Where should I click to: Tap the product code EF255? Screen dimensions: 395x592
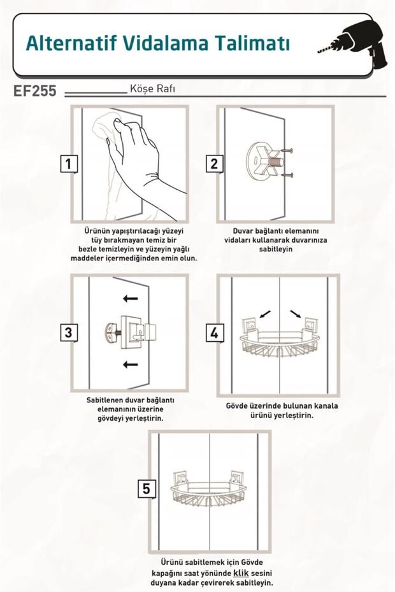35,91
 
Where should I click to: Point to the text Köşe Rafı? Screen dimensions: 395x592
152,88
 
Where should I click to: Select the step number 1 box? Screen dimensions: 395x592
69,164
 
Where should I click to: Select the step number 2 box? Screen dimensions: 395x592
214,164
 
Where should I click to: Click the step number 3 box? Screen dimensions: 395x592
69,333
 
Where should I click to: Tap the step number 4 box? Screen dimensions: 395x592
214,334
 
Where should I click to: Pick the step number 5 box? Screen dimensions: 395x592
147,488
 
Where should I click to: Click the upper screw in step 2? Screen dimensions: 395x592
288,151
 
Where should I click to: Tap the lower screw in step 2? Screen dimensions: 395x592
288,175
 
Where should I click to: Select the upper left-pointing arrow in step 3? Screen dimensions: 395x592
131,299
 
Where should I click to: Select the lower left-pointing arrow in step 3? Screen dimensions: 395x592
131,365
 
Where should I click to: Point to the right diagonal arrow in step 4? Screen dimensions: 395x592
295,314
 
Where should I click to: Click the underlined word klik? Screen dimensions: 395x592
241,573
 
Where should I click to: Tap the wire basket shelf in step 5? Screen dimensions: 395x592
209,490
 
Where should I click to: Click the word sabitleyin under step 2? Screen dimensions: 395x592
276,249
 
